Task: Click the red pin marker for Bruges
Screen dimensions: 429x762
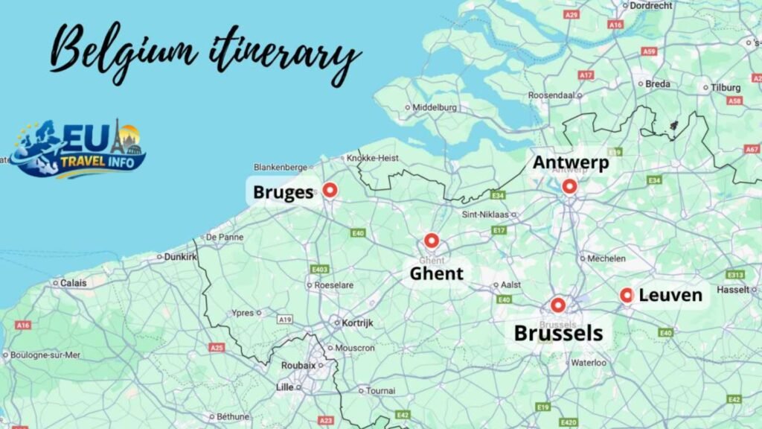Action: (330, 191)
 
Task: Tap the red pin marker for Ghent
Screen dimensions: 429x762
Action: (432, 241)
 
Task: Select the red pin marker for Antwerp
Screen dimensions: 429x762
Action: (569, 186)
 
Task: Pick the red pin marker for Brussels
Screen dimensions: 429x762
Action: (558, 305)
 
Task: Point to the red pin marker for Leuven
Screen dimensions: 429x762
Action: (627, 296)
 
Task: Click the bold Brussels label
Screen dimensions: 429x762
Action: (558, 333)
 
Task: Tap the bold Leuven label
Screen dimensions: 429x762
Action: (670, 296)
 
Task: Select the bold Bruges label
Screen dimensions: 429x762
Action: (283, 193)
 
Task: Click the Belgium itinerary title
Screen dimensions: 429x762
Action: (205, 52)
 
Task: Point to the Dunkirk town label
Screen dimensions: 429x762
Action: (180, 257)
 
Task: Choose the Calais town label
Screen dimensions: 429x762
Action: (73, 283)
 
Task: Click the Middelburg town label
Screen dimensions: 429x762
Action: (435, 107)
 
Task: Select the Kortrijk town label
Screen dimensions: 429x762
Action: (357, 323)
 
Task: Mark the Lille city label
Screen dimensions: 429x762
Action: (284, 387)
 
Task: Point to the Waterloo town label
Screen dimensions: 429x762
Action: (588, 363)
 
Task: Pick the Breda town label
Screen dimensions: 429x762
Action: (658, 84)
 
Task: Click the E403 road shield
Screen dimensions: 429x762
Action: (320, 269)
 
